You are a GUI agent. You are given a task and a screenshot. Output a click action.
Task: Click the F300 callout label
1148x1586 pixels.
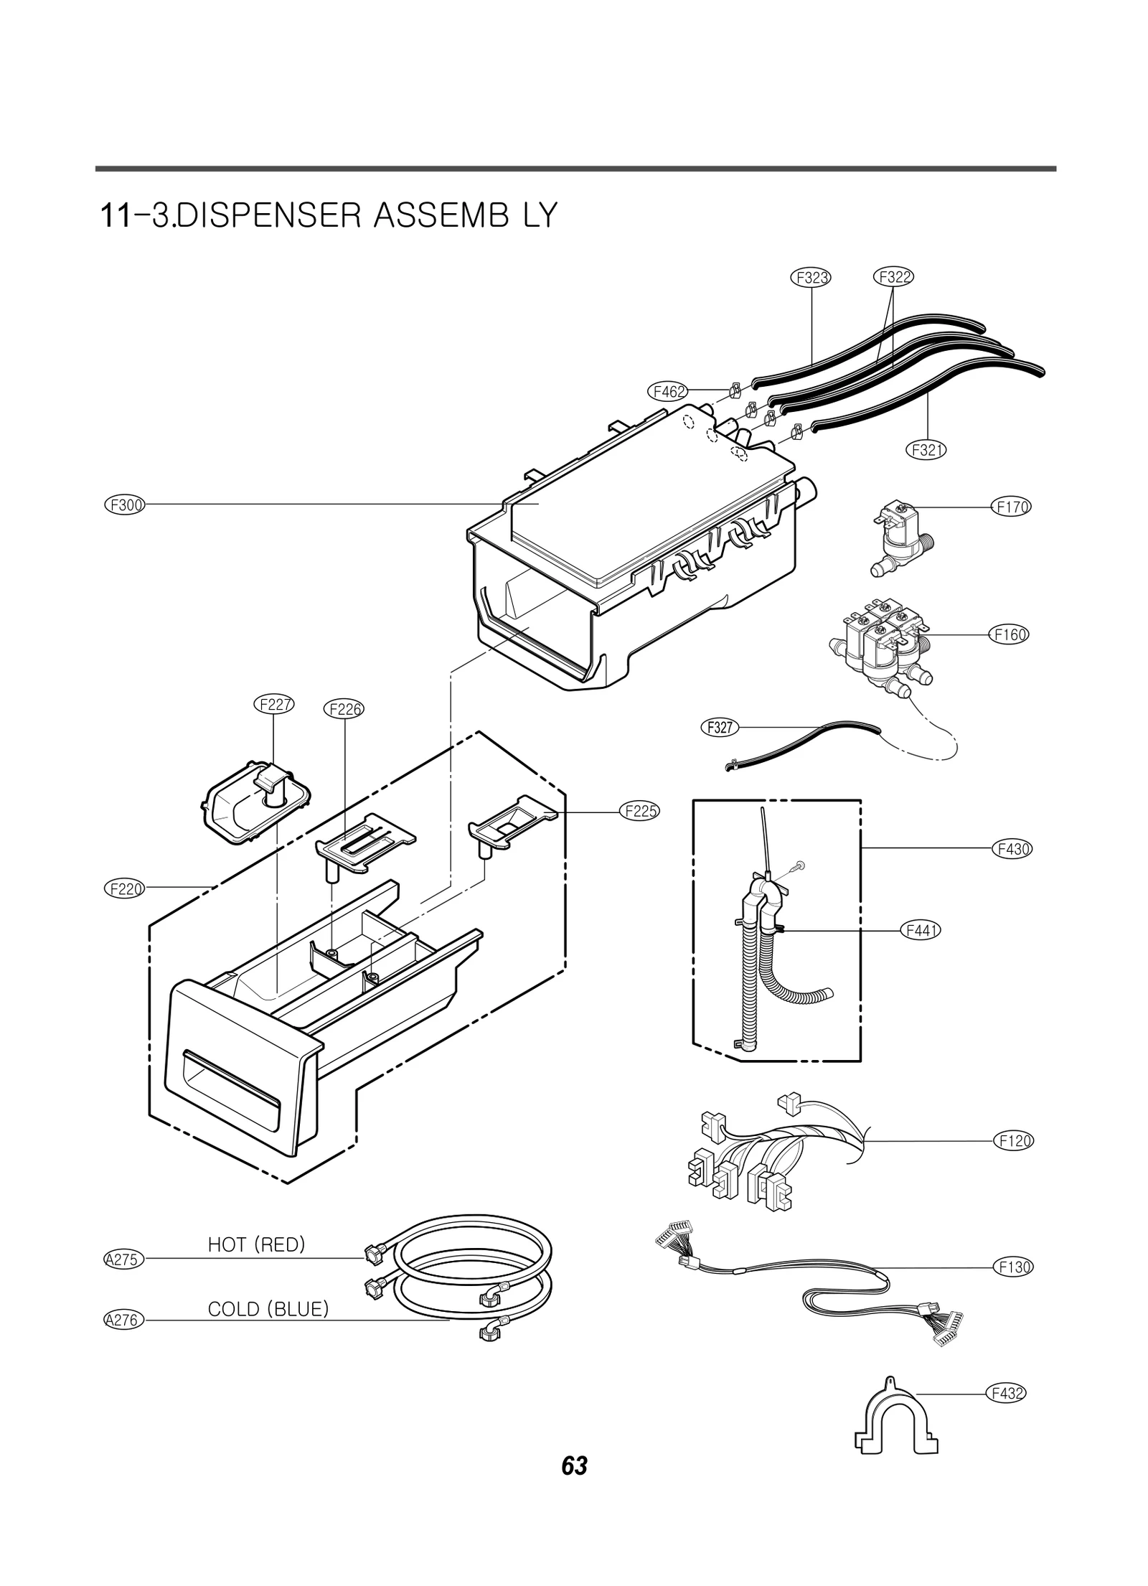tap(125, 505)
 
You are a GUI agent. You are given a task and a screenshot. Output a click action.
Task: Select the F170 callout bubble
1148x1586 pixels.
tap(1012, 507)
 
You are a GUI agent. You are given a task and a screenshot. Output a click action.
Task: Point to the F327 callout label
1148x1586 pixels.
tap(720, 728)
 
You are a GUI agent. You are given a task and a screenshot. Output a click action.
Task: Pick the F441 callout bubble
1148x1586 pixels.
tap(920, 931)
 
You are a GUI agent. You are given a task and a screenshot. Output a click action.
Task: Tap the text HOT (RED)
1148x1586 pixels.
tap(256, 1245)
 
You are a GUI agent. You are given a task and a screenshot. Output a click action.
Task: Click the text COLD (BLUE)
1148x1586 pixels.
tap(268, 1310)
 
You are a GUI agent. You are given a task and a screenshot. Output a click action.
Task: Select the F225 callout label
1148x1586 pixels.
tap(639, 812)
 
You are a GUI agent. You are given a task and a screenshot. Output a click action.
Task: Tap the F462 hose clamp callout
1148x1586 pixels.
tap(667, 392)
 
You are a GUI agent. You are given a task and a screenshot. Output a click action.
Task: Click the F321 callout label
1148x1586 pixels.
tap(926, 450)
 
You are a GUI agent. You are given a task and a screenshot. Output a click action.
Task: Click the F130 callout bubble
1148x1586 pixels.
tap(1014, 1267)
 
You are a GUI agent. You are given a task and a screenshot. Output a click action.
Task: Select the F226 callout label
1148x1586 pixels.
tap(344, 710)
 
